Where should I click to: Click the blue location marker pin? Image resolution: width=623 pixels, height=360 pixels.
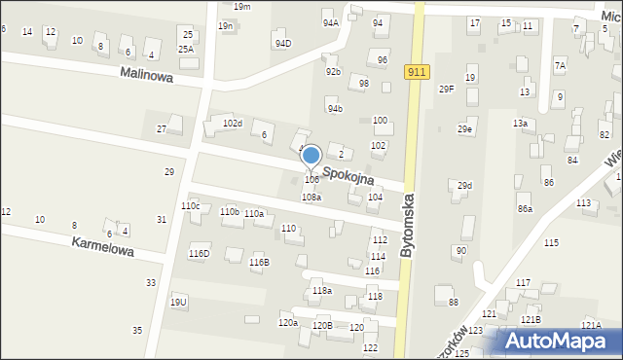pos(311,156)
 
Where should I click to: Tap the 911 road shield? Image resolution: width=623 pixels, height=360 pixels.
pos(418,72)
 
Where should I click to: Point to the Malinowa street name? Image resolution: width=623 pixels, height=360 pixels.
pos(146,74)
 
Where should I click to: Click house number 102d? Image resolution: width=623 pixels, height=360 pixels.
pos(232,124)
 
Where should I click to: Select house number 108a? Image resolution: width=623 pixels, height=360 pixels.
pos(311,198)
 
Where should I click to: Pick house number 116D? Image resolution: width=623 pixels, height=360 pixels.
pos(199,254)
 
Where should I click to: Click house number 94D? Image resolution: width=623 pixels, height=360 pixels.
pos(282,43)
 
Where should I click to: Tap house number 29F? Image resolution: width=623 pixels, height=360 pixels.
pos(447,90)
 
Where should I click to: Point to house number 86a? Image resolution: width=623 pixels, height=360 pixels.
pos(525,208)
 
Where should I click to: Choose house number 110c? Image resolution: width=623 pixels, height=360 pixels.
pos(190,206)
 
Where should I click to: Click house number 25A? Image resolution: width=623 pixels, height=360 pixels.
pos(185,49)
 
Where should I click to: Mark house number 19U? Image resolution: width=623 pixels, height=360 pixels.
pos(178,303)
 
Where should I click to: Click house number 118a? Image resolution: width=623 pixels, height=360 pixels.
pos(322,291)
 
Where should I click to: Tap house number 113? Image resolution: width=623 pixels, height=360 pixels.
pos(583,202)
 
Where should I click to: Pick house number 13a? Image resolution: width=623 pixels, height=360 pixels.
pos(521,124)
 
